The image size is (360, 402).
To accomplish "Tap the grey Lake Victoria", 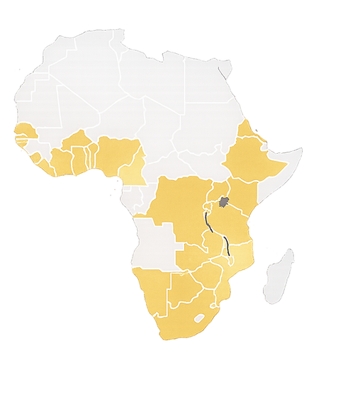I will click(224, 203).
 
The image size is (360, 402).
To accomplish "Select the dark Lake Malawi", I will click(227, 249).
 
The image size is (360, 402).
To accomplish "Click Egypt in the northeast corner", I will click(206, 82).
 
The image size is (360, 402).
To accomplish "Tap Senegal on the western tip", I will click(26, 132).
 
